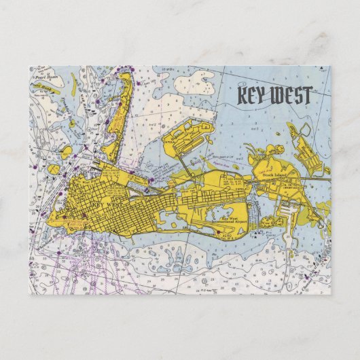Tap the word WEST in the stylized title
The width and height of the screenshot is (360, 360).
(291, 96)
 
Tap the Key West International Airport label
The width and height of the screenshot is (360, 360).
(226, 219)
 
